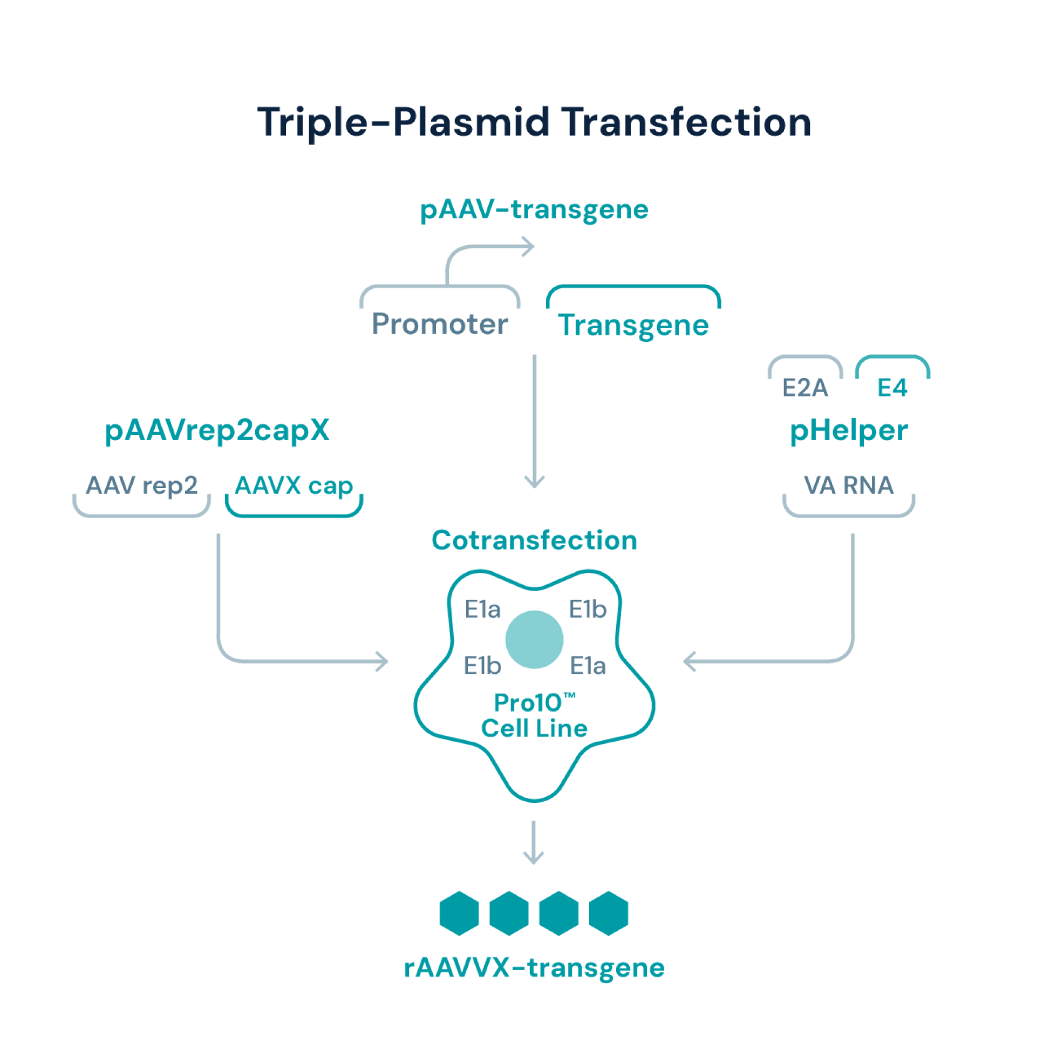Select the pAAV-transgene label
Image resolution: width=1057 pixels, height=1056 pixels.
coord(534,210)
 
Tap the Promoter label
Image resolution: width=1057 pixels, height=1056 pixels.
coord(440,323)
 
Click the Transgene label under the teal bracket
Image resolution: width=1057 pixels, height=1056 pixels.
coord(633,325)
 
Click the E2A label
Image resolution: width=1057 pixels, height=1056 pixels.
coord(806,388)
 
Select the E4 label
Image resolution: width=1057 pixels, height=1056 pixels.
coord(892,388)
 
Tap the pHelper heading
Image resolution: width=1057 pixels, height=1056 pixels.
coord(849,431)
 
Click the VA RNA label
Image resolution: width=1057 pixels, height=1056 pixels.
coord(849,485)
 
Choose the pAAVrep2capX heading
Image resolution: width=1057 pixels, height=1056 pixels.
coord(218,431)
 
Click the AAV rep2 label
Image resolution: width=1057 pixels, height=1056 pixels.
coord(142,485)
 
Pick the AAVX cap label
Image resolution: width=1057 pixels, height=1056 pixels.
coord(294,485)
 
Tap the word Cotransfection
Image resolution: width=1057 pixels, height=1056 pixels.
coord(534,541)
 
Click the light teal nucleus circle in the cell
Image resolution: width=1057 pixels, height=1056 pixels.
coord(535,639)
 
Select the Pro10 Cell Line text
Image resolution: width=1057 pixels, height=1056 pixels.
coord(534,716)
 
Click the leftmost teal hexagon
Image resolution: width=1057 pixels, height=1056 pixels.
coord(460,913)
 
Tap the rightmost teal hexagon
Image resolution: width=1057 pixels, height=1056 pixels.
coord(609,913)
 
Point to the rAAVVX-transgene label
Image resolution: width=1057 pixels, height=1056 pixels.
coord(534,968)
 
